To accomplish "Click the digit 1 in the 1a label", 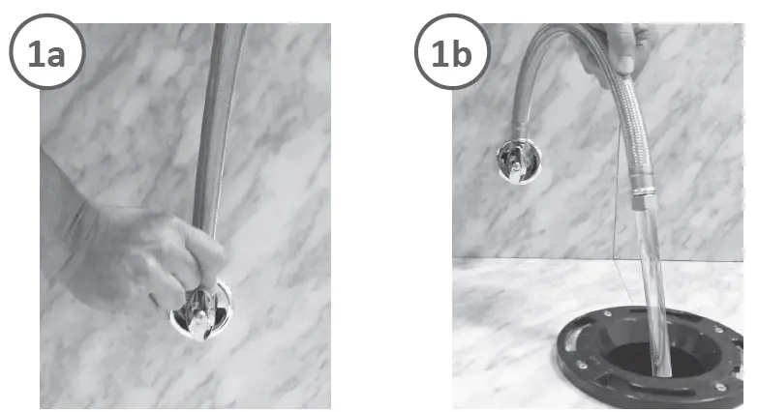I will pyautogui.click(x=35, y=55).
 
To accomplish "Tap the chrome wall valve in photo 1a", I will pyautogui.click(x=200, y=311).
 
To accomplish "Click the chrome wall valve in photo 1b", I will pyautogui.click(x=520, y=161).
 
